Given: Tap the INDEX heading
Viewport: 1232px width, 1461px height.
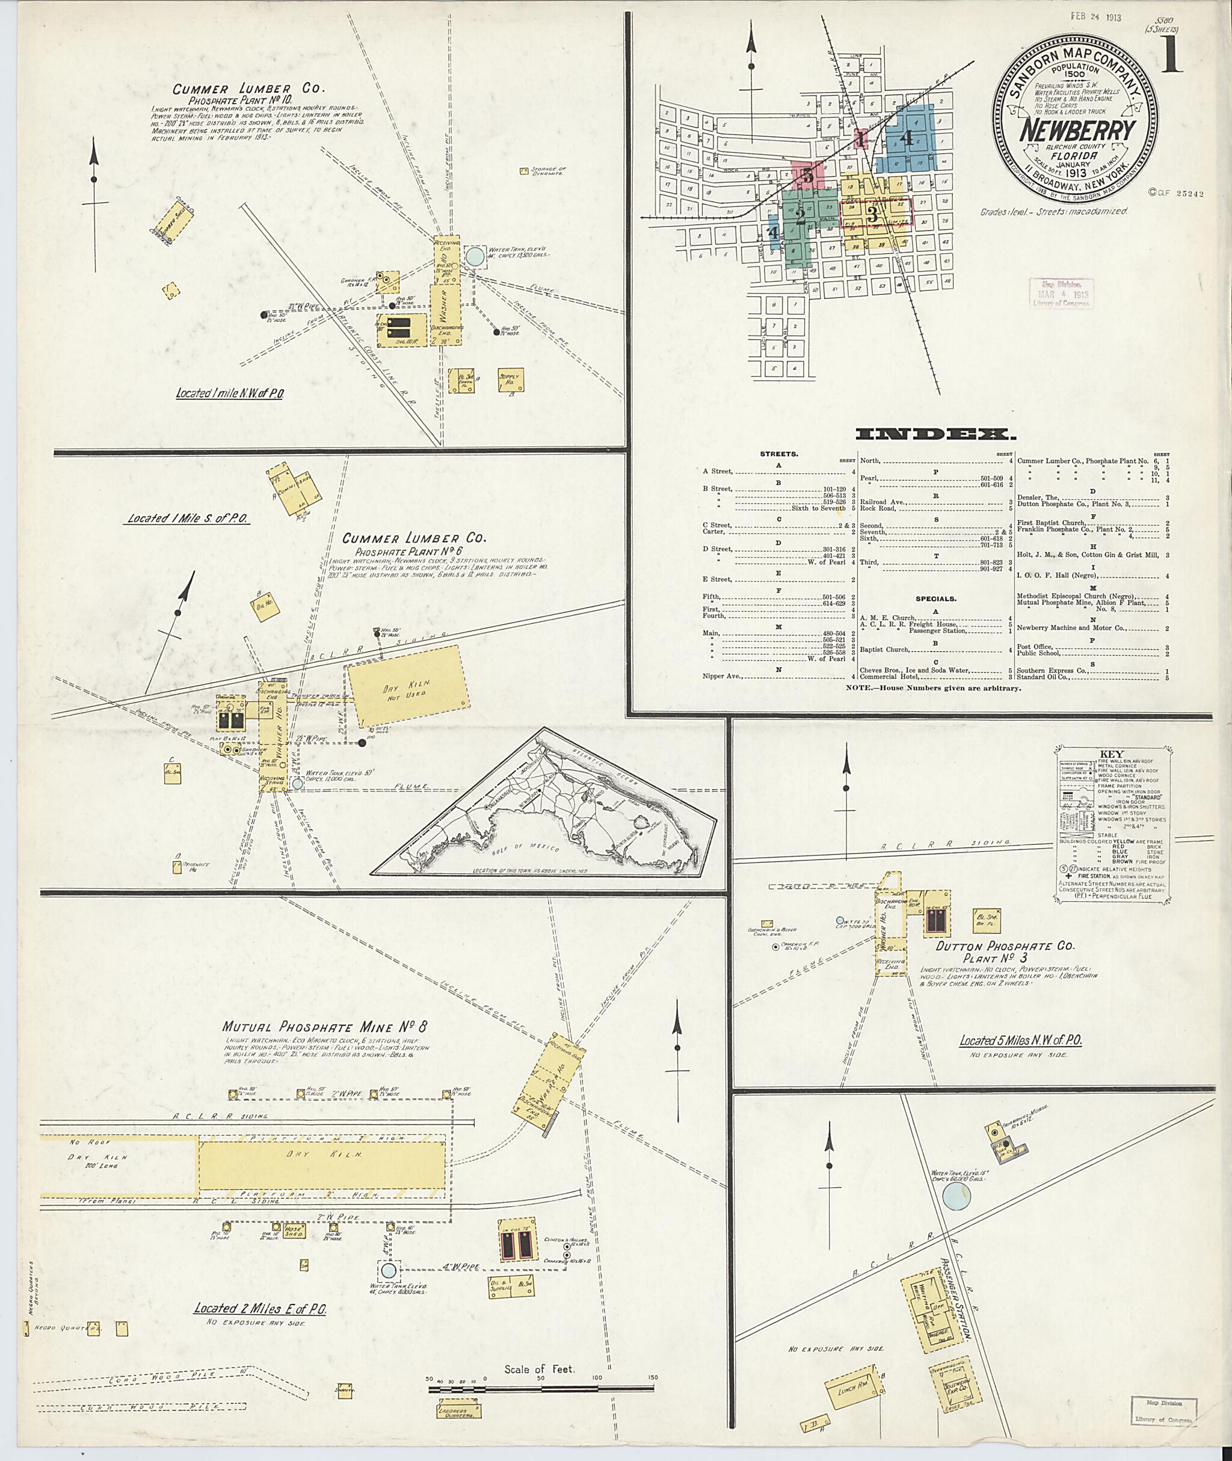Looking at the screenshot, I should [932, 435].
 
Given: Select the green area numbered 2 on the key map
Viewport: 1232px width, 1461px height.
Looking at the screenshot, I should [801, 215].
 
